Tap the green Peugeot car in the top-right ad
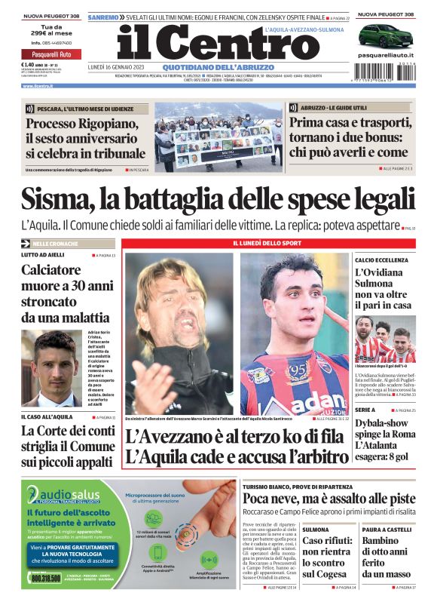coord(384,35)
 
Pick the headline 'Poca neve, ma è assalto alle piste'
coord(328,499)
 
